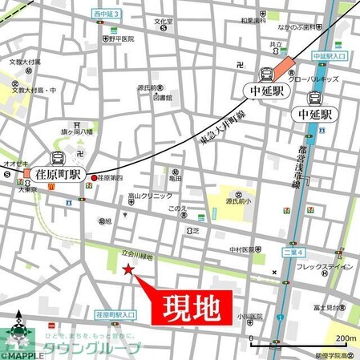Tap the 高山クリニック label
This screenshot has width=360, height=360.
[150, 197]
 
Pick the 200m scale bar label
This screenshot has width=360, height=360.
[346, 337]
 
